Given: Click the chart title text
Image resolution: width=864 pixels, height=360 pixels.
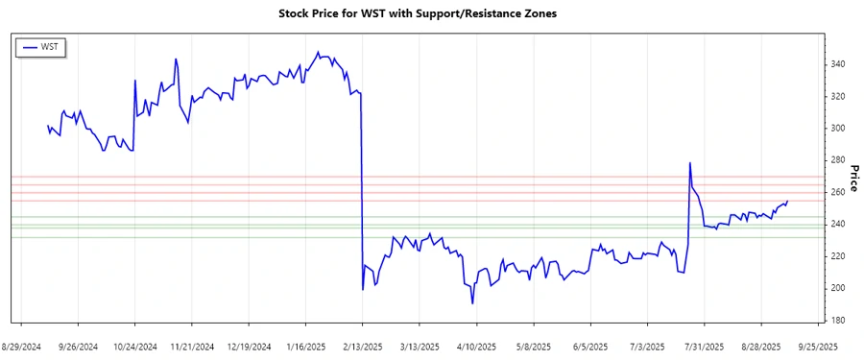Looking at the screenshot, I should [x=417, y=14].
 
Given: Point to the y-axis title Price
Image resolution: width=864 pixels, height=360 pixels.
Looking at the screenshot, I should [x=853, y=178].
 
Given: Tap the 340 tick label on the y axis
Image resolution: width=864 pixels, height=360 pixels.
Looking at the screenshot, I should [x=839, y=64].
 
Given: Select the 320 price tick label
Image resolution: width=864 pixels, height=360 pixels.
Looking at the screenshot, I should [x=839, y=96].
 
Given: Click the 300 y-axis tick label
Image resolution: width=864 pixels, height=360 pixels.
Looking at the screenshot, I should [x=839, y=129].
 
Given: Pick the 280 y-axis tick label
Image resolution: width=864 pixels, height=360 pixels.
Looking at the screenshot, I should [x=839, y=160].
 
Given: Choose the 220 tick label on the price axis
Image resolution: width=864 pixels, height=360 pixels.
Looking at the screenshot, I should [x=839, y=256].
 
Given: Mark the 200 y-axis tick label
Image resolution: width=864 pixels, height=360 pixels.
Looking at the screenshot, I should [x=839, y=288].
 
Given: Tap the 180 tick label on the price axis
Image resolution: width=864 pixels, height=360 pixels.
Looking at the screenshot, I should [x=839, y=321].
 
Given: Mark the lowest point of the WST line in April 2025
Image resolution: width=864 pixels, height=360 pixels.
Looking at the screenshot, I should [x=472, y=303].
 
